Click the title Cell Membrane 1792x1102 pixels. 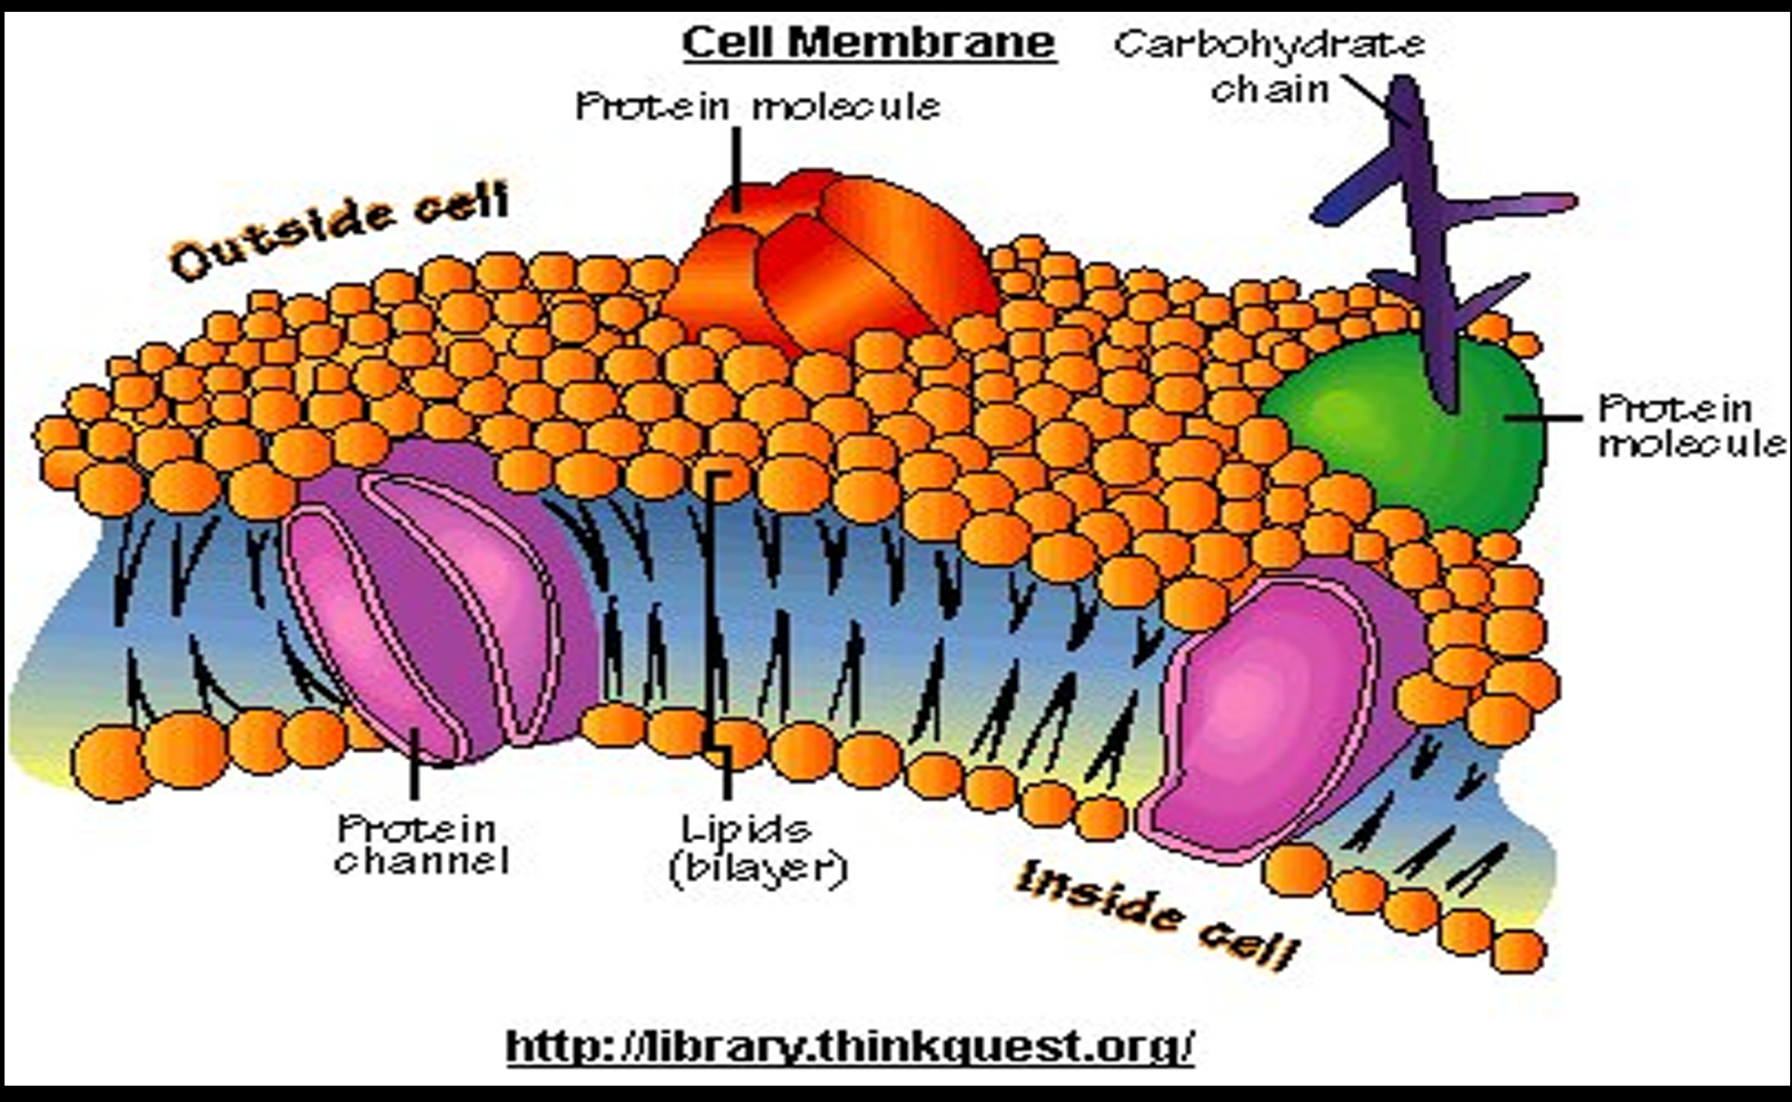click(x=869, y=43)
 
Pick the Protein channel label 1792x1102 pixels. click(x=420, y=845)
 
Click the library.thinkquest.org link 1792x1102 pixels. click(x=849, y=1047)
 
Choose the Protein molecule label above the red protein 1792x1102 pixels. click(x=757, y=106)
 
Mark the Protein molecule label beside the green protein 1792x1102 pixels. click(x=1690, y=426)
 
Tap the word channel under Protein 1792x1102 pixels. click(x=420, y=861)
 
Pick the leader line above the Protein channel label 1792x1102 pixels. click(x=414, y=773)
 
